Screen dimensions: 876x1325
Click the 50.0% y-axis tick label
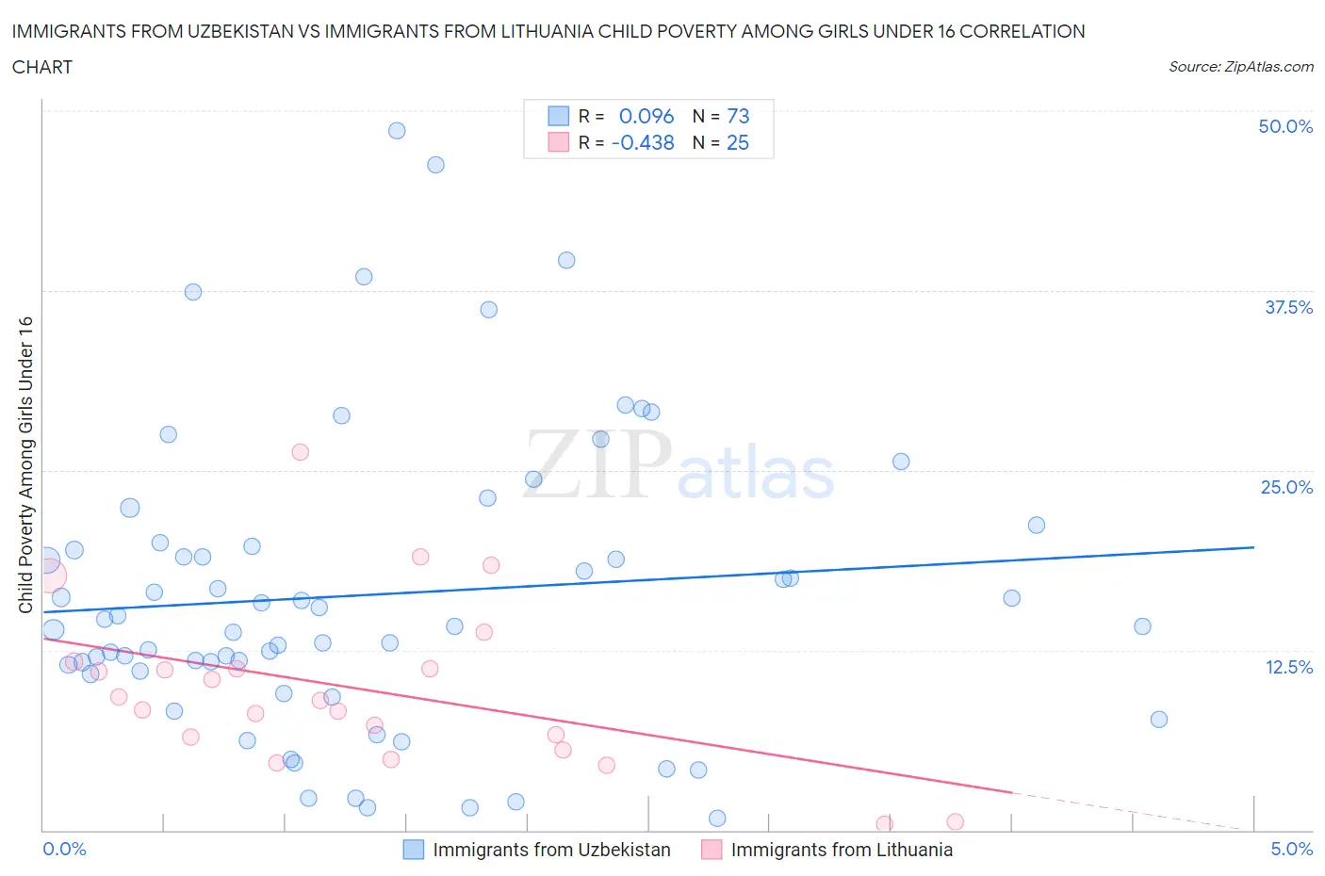point(1285,126)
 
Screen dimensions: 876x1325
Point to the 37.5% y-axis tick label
point(1288,307)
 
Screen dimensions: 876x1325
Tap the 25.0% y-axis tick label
point(1286,487)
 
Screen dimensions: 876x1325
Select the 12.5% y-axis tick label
point(1288,667)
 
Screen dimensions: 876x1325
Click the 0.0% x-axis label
point(65,849)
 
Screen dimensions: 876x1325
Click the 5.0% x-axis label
point(1291,849)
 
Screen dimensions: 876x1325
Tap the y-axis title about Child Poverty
point(25,464)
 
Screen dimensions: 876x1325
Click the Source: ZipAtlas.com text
point(1240,67)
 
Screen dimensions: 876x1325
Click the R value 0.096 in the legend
point(646,116)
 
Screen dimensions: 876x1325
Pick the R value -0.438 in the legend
point(643,142)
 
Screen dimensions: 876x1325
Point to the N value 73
point(738,116)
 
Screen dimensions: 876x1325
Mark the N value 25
point(738,142)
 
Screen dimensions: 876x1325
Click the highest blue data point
point(397,131)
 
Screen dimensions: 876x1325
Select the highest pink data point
point(300,452)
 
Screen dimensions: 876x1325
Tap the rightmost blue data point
point(1159,720)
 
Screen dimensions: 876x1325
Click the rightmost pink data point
point(955,821)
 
